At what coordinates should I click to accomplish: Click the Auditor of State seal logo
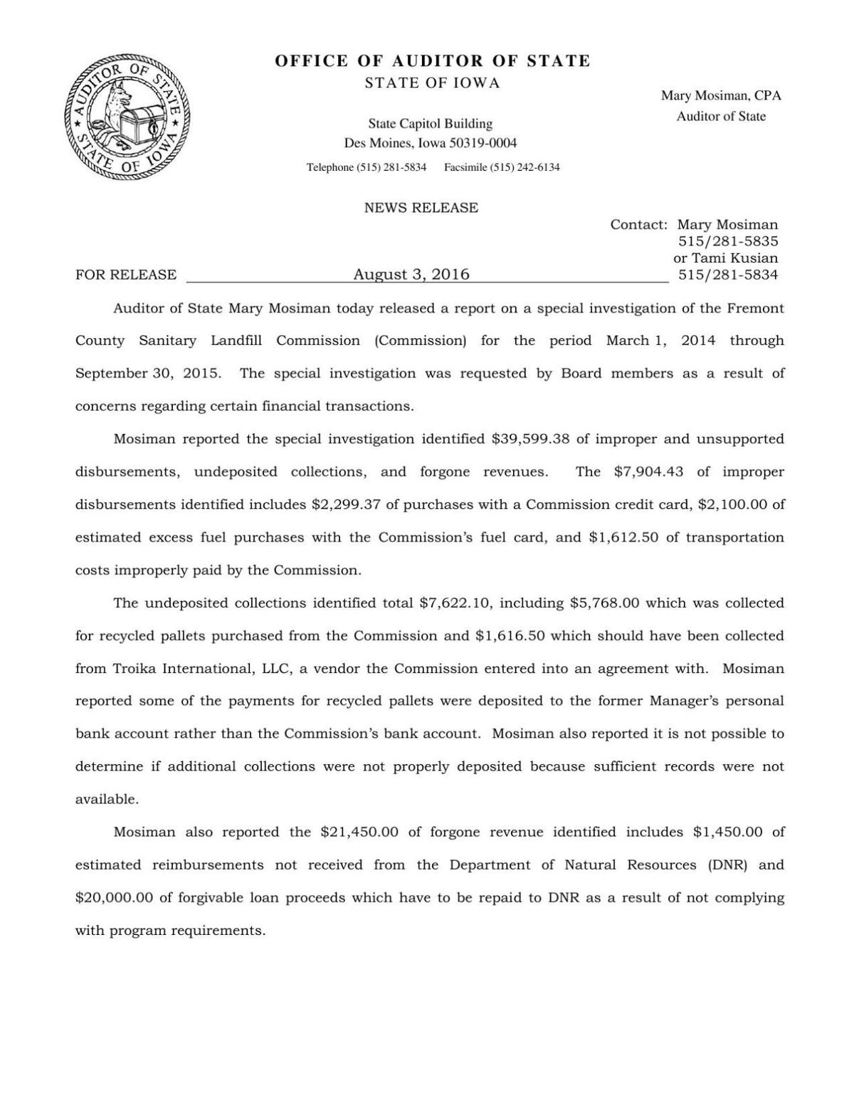[x=127, y=117]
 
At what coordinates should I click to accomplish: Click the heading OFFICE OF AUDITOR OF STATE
[x=433, y=61]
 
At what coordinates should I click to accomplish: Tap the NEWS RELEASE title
[x=421, y=208]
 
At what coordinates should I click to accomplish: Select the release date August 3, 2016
[x=411, y=275]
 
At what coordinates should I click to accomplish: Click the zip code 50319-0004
[x=483, y=143]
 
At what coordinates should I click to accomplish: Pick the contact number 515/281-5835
[x=727, y=241]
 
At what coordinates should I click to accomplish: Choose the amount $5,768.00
[x=605, y=603]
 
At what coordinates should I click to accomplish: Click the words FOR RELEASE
[x=126, y=275]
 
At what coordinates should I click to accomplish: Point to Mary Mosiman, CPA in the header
[x=721, y=95]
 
